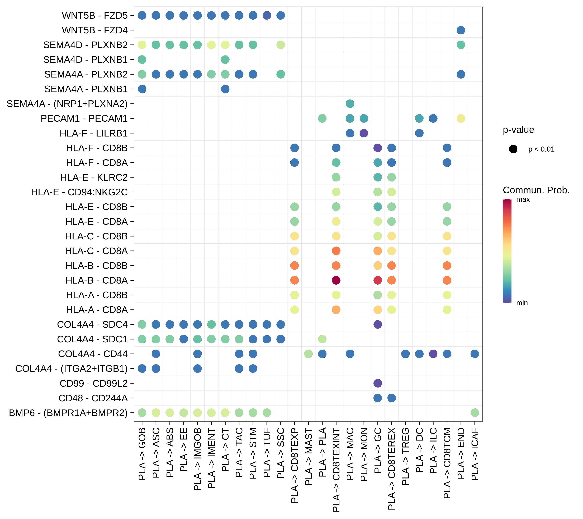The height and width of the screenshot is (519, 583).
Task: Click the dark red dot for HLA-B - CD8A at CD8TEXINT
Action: (x=336, y=280)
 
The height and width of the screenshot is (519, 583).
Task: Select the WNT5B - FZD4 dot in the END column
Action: (x=461, y=30)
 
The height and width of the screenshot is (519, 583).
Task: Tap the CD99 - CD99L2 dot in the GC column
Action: (x=378, y=383)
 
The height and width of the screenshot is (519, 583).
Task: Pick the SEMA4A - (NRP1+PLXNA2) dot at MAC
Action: (x=350, y=104)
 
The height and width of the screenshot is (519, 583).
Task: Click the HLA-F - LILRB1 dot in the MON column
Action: (x=364, y=133)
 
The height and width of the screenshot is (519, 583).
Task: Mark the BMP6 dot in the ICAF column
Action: (x=475, y=412)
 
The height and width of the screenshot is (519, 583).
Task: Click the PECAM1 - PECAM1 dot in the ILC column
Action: (x=433, y=118)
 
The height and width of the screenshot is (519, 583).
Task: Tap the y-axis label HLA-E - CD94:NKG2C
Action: (x=79, y=192)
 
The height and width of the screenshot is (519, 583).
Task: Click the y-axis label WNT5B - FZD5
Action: (x=95, y=15)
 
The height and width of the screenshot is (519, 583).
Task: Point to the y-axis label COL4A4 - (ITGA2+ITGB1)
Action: (x=71, y=368)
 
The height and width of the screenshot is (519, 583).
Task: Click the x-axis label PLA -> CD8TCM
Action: (x=447, y=463)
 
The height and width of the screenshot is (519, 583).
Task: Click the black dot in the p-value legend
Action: (x=513, y=149)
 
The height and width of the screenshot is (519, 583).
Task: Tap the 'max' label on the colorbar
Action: (x=523, y=200)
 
